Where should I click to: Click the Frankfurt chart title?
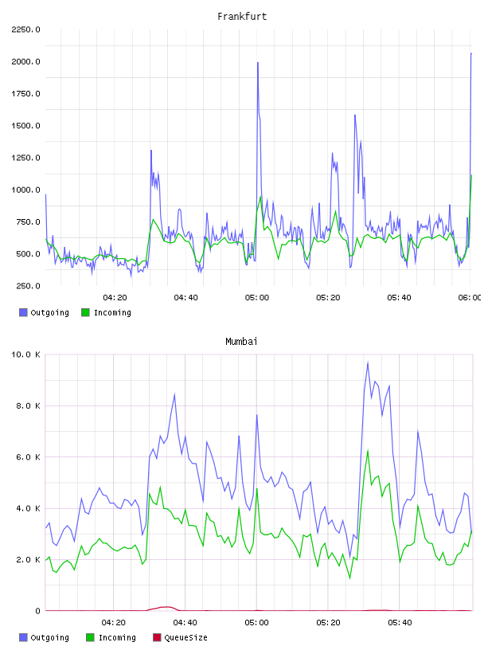click(242, 17)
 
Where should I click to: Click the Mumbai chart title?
click(241, 342)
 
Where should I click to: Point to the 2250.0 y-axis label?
click(25, 29)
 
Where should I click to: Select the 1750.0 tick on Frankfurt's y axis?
click(25, 94)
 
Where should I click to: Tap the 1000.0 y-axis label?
click(25, 190)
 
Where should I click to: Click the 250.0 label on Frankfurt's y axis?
click(28, 286)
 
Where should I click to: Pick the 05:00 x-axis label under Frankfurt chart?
click(257, 298)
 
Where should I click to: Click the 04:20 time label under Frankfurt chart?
click(115, 298)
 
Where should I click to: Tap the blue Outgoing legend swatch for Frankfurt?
click(23, 312)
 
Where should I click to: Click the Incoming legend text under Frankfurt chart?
click(112, 312)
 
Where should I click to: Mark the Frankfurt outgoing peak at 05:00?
click(258, 63)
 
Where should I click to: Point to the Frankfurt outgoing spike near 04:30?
click(151, 151)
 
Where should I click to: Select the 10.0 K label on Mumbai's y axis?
click(25, 354)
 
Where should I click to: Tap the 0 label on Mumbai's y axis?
click(37, 611)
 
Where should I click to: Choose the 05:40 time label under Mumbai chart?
click(400, 623)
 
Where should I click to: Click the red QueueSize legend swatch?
click(157, 637)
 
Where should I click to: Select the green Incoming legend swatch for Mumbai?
click(90, 637)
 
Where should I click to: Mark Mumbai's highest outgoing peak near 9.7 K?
click(368, 363)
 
